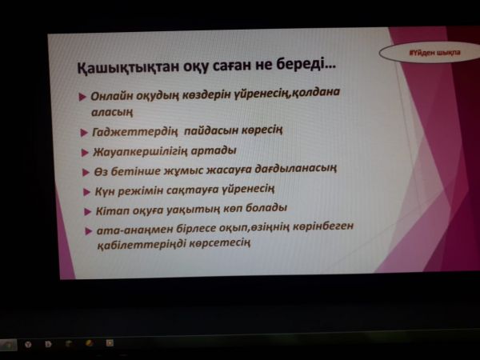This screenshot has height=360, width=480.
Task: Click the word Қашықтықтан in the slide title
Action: [128, 66]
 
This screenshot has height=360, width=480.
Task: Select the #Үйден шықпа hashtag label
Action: [435, 53]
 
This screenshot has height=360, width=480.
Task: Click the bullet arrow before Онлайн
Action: [82, 97]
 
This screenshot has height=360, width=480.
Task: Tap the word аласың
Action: [112, 112]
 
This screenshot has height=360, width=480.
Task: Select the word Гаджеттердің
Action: [134, 132]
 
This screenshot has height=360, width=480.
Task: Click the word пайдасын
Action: [211, 130]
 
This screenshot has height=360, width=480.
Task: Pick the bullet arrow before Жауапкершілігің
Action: [85, 153]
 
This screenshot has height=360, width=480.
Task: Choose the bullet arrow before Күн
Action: [86, 192]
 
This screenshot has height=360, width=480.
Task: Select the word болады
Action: [266, 207]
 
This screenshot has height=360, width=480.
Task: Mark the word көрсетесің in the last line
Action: [219, 243]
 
